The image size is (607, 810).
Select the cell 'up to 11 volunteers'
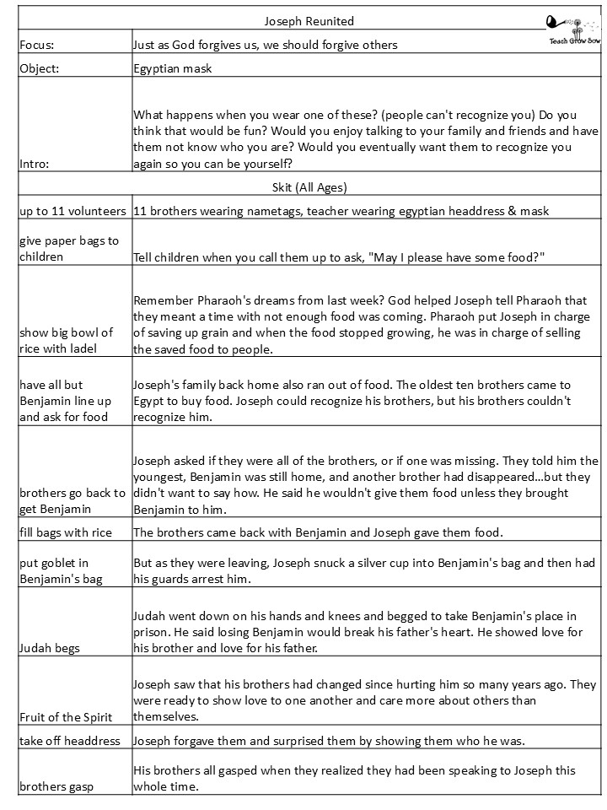pyautogui.click(x=73, y=211)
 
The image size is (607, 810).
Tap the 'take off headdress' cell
pyautogui.click(x=70, y=741)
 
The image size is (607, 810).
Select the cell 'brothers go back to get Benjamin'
pyautogui.click(x=72, y=499)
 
